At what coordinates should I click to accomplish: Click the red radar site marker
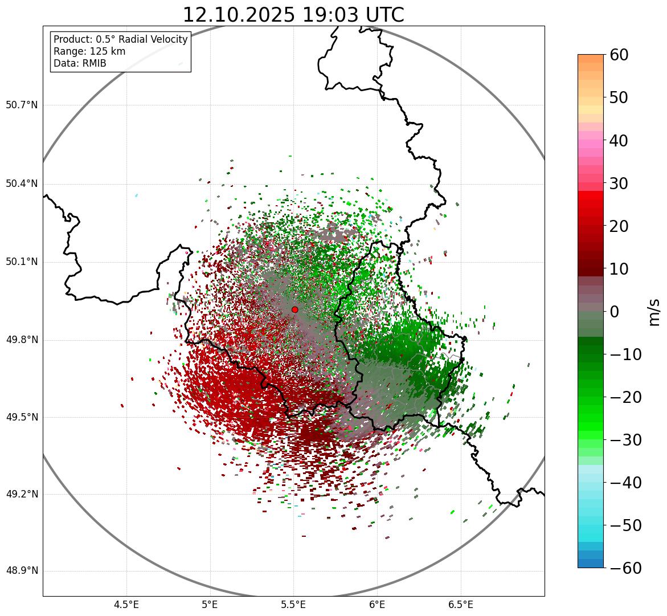pyautogui.click(x=294, y=309)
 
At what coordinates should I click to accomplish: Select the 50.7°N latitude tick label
pyautogui.click(x=22, y=105)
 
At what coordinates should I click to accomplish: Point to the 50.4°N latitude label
pyautogui.click(x=22, y=183)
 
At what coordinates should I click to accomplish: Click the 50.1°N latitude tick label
pyautogui.click(x=22, y=262)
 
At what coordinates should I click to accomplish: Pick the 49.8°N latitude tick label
pyautogui.click(x=22, y=340)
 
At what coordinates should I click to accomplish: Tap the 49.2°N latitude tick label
pyautogui.click(x=22, y=494)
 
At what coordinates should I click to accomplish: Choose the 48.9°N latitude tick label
pyautogui.click(x=22, y=571)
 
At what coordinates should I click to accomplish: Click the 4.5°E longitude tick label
pyautogui.click(x=126, y=605)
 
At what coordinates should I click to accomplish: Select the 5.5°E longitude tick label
pyautogui.click(x=293, y=605)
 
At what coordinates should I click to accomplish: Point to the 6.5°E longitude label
pyautogui.click(x=460, y=605)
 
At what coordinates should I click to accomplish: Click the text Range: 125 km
pyautogui.click(x=89, y=51)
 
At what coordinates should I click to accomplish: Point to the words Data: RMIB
pyautogui.click(x=80, y=63)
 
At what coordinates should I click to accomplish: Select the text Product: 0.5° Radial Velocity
pyautogui.click(x=120, y=39)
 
